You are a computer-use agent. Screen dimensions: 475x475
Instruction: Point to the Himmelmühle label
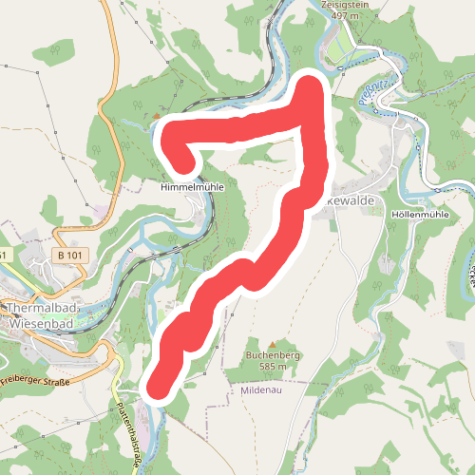pyautogui.click(x=192, y=188)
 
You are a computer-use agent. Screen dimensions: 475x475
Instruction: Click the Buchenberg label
pyautogui.click(x=272, y=355)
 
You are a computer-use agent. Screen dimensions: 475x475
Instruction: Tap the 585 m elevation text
pyautogui.click(x=272, y=367)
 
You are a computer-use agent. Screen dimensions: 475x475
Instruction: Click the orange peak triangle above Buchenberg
pyautogui.click(x=272, y=344)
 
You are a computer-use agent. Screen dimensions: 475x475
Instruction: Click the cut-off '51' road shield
pyautogui.click(x=4, y=256)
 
